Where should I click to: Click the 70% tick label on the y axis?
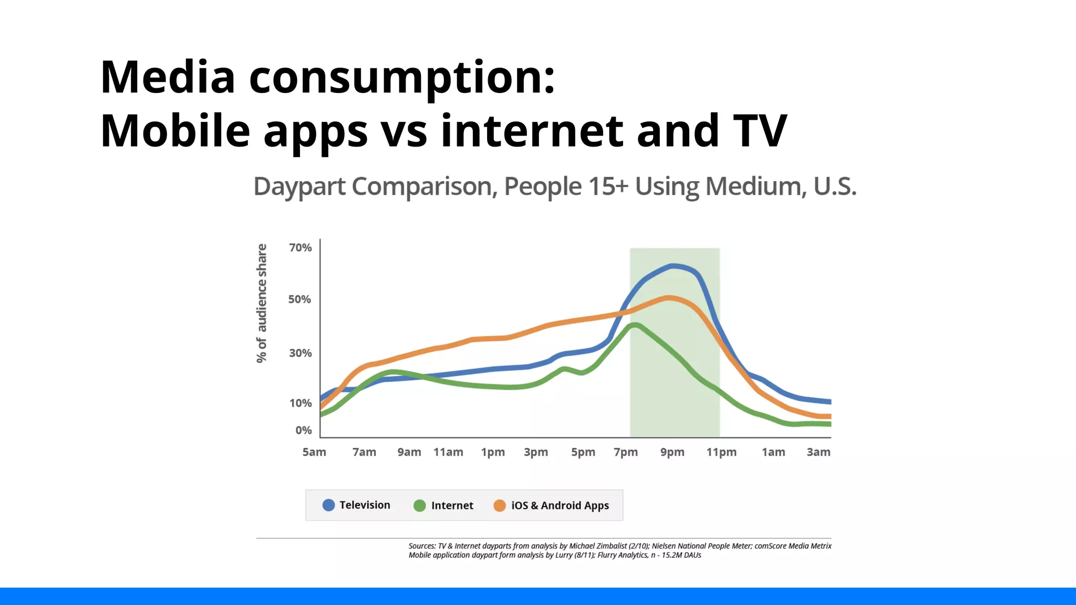pyautogui.click(x=300, y=247)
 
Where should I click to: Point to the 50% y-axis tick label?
pyautogui.click(x=299, y=299)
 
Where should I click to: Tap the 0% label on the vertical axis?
pyautogui.click(x=303, y=430)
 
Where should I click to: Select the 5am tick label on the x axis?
pyautogui.click(x=314, y=452)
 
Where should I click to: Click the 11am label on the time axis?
pyautogui.click(x=448, y=452)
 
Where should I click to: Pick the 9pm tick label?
pyautogui.click(x=672, y=452)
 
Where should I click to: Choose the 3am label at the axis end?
pyautogui.click(x=818, y=452)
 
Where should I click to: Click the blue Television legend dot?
pyautogui.click(x=328, y=505)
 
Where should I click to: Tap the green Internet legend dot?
pyautogui.click(x=419, y=506)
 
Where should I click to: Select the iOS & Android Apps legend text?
pyautogui.click(x=560, y=506)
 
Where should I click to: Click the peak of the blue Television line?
pyautogui.click(x=673, y=266)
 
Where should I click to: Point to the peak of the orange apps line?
pyautogui.click(x=669, y=298)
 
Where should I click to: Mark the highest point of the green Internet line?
pyautogui.click(x=635, y=325)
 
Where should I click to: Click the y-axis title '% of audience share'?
pyautogui.click(x=262, y=303)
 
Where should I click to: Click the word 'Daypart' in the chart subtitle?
pyautogui.click(x=299, y=187)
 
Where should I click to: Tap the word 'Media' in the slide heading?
pyautogui.click(x=168, y=77)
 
